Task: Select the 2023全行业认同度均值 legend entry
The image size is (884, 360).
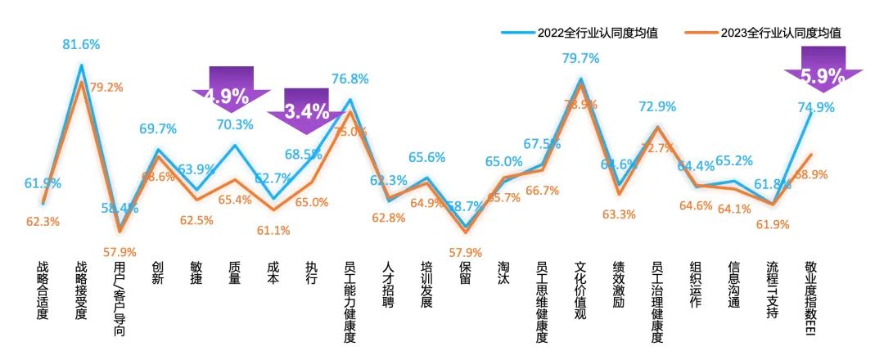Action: (781, 33)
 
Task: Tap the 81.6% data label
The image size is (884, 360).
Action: (81, 45)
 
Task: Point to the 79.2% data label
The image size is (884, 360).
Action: (107, 87)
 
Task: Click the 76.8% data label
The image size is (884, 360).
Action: (350, 79)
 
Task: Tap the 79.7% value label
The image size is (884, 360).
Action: (580, 58)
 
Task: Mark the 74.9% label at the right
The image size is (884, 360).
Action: (814, 107)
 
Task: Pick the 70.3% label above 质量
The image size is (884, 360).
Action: (235, 124)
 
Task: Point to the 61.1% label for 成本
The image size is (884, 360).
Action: (273, 230)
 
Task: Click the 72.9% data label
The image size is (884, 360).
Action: (657, 106)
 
